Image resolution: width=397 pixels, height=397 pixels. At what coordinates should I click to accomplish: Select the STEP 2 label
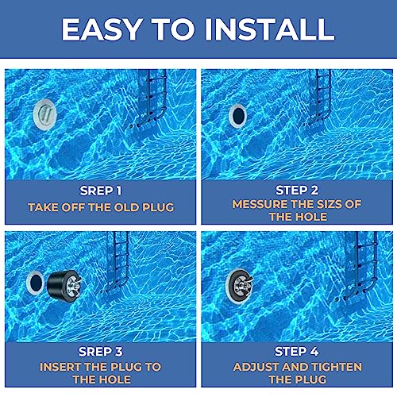(295, 191)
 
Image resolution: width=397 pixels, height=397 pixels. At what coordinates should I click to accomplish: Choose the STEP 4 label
(295, 351)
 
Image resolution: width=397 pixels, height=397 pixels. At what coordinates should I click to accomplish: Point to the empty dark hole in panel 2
(237, 116)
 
